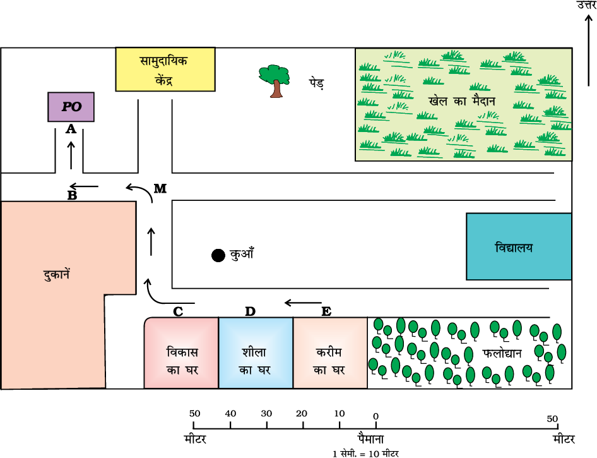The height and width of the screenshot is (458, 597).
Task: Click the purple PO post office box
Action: tap(71, 107)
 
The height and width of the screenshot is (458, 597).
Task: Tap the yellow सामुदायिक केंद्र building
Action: tap(165, 69)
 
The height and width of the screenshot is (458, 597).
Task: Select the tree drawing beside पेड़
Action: tap(275, 80)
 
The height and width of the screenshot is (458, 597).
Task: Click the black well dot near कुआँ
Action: tap(218, 255)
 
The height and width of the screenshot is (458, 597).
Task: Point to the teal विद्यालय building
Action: tap(519, 246)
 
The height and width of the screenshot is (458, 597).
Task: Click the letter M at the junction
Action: tap(160, 189)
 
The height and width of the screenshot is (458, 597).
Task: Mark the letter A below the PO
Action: tap(71, 129)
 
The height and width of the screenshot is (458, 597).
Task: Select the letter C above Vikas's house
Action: tap(178, 311)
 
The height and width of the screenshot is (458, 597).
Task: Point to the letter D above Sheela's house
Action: tap(251, 311)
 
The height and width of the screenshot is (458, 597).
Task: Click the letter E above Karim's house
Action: tap(326, 311)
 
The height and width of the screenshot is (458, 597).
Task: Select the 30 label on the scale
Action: tap(266, 414)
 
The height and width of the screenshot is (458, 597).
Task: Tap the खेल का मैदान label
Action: tap(462, 101)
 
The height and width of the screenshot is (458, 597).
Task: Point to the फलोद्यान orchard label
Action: tap(502, 354)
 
